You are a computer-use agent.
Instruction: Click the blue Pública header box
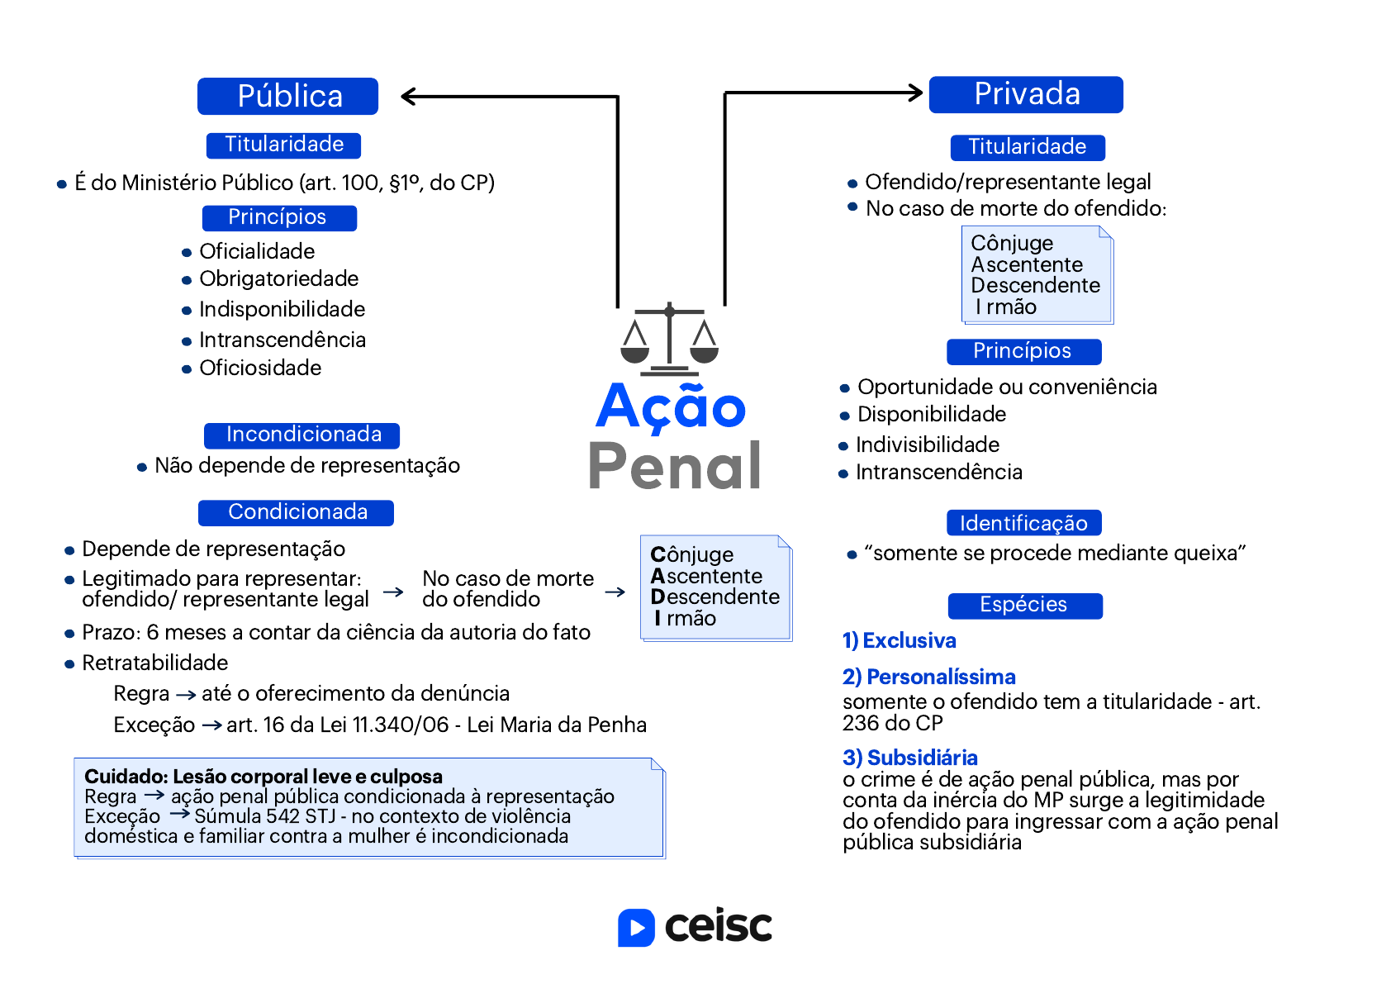(x=287, y=97)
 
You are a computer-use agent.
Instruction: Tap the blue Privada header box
(x=1026, y=94)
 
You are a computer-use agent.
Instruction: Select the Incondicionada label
(x=301, y=435)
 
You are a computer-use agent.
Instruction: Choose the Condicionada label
(x=297, y=512)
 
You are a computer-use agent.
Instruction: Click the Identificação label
(x=1024, y=523)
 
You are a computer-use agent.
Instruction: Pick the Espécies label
(x=1025, y=605)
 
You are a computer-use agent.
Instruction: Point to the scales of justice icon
(x=669, y=340)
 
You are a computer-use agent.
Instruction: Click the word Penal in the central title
(x=674, y=465)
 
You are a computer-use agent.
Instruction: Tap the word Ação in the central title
(x=671, y=406)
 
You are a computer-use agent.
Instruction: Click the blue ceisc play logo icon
(x=636, y=928)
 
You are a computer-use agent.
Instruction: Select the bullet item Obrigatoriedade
(x=279, y=279)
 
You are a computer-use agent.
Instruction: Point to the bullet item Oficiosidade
(x=260, y=368)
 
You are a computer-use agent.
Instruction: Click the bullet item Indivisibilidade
(x=928, y=444)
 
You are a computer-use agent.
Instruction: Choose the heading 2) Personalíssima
(x=929, y=677)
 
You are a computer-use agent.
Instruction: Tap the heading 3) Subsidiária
(x=909, y=758)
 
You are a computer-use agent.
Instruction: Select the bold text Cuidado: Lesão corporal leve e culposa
(x=263, y=777)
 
